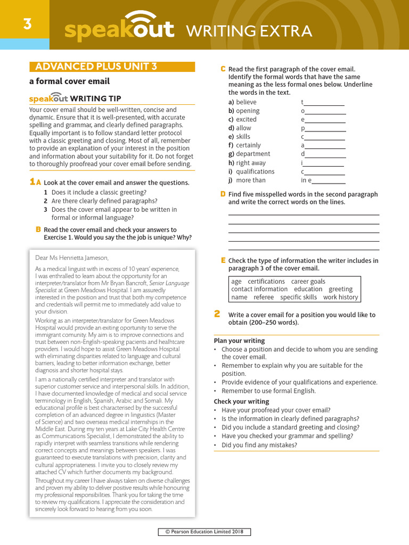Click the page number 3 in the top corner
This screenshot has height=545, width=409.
27,23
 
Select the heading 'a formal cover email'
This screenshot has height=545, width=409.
69,81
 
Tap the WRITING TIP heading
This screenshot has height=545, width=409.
95,98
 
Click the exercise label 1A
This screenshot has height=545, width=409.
35,182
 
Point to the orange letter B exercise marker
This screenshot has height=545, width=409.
38,229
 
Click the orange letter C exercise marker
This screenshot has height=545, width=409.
223,69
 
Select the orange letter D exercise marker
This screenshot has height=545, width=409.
223,194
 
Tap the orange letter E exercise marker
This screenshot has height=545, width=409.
223,260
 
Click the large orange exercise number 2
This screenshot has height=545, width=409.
217,314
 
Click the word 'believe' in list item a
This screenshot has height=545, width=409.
246,102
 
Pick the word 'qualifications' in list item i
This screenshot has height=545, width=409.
255,172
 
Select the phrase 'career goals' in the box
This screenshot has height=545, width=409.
308,282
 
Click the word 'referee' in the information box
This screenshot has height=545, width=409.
264,298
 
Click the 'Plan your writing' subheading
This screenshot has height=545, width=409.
239,341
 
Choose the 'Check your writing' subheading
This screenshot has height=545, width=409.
241,401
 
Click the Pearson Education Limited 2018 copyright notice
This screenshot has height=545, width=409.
204,532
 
